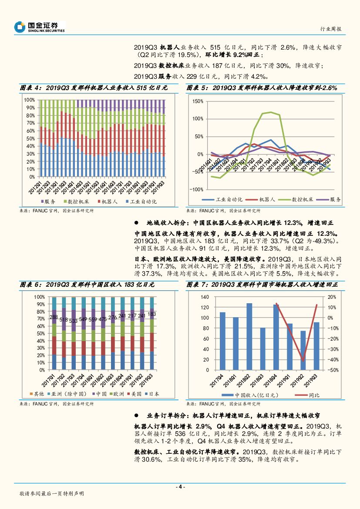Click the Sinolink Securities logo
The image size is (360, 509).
coord(39,27)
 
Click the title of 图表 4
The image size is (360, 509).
coord(94,88)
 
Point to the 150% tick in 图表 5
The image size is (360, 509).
coord(197,101)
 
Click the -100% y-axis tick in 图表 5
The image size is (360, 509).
coord(196,190)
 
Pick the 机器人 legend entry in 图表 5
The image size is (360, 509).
coord(261,199)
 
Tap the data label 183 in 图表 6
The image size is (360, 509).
coord(151,314)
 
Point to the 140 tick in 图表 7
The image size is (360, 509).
coord(205,297)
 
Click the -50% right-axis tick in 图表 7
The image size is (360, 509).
coord(332,370)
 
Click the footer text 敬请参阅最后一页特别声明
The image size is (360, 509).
coord(52,494)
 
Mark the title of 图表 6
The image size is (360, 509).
coord(87,285)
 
